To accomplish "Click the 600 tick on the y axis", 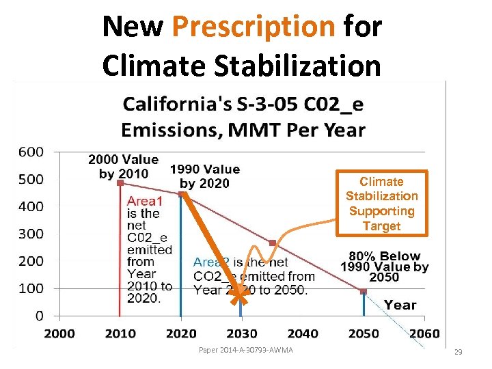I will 30,152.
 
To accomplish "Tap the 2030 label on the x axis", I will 241,333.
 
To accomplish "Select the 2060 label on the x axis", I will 425,333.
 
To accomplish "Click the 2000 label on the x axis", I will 59,333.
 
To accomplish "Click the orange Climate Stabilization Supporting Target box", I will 381,204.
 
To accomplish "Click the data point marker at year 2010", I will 120,182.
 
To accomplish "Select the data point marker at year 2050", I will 364,291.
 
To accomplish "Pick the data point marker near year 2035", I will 272,243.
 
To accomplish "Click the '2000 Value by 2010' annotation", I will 123,167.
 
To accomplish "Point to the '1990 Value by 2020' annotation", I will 204,176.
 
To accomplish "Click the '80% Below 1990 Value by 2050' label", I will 384,266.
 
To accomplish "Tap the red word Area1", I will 145,202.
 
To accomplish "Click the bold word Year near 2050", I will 400,305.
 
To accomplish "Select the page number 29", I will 459,352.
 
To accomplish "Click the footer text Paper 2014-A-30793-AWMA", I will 245,351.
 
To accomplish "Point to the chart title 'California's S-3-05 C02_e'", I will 243,105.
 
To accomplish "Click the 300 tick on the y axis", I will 30,234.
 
